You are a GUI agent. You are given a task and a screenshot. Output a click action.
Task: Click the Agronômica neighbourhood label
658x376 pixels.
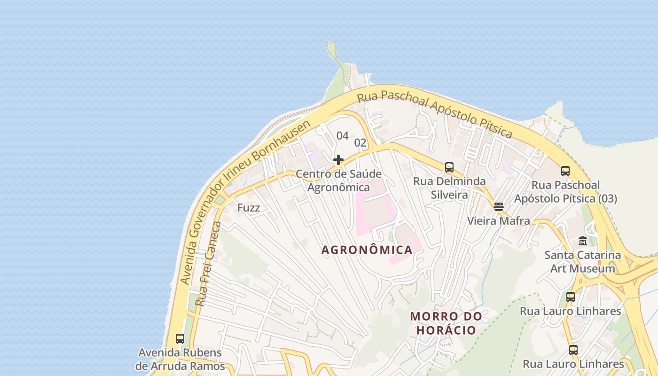pos(367,250)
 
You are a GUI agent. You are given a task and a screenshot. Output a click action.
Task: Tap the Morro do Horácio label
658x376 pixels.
pos(446,323)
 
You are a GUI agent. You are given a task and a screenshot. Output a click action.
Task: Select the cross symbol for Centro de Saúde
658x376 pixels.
pos(338,160)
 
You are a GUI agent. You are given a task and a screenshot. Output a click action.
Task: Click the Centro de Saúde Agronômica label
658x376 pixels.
pos(338,180)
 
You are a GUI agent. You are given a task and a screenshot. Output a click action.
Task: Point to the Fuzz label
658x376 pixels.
pos(249,208)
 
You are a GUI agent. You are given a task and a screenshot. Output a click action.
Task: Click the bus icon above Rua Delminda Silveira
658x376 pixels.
pos(449,167)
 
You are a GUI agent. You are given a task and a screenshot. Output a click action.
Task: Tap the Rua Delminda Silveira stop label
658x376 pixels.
pos(449,188)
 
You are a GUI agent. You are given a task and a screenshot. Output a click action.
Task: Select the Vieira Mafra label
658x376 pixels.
pos(498,220)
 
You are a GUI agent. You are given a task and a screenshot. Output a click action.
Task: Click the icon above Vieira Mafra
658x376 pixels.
pos(499,206)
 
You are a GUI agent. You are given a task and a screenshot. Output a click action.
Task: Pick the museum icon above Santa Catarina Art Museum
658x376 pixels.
pos(583,241)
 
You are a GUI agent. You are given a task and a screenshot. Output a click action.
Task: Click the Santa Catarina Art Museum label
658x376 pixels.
pos(583,262)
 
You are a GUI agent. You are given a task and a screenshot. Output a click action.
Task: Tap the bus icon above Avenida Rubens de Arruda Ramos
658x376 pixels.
pos(180,338)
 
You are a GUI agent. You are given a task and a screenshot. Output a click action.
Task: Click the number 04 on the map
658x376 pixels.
pos(343,136)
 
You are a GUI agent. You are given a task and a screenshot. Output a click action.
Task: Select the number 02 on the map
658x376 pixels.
pos(360,142)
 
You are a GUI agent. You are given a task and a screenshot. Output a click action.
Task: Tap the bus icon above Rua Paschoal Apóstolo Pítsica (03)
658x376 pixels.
pos(565,171)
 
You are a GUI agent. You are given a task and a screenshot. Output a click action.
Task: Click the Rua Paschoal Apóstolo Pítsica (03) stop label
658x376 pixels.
pos(565,192)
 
